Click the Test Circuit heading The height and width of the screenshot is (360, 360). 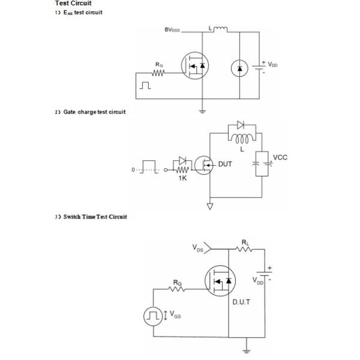pos(73,4)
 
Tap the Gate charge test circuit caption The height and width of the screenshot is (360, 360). pos(91,112)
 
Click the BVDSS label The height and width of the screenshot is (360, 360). pos(176,29)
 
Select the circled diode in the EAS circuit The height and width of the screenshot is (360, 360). pos(239,68)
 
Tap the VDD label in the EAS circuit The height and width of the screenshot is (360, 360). pos(273,64)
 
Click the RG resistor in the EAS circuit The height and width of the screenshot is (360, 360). pos(158,74)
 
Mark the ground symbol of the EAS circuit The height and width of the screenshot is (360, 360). pos(202,110)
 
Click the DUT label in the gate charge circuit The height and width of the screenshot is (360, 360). pos(225,163)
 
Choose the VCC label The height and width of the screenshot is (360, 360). pos(280,157)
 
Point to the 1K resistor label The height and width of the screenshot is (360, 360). pos(182,178)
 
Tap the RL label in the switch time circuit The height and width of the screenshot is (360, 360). pos(245,242)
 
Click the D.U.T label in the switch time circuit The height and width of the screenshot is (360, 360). pos(241,302)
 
